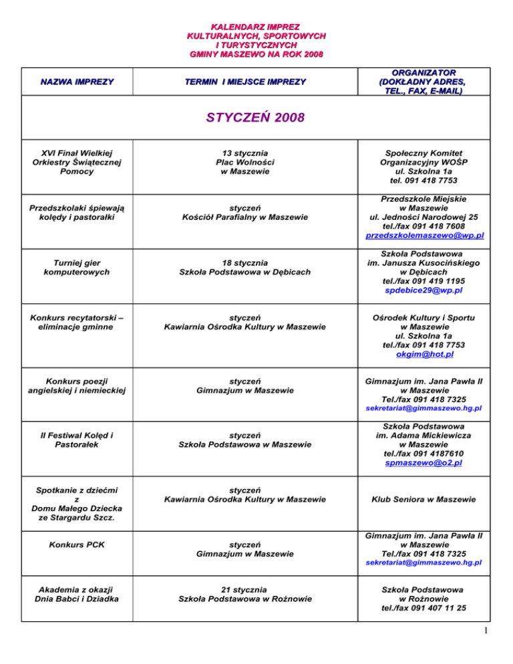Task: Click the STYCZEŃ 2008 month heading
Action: pyautogui.click(x=256, y=118)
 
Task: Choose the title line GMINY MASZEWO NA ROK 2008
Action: pyautogui.click(x=256, y=53)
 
